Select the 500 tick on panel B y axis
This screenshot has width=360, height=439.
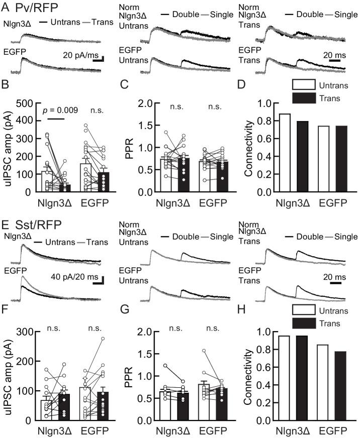(27, 103)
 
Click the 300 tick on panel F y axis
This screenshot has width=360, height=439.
(27, 332)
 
